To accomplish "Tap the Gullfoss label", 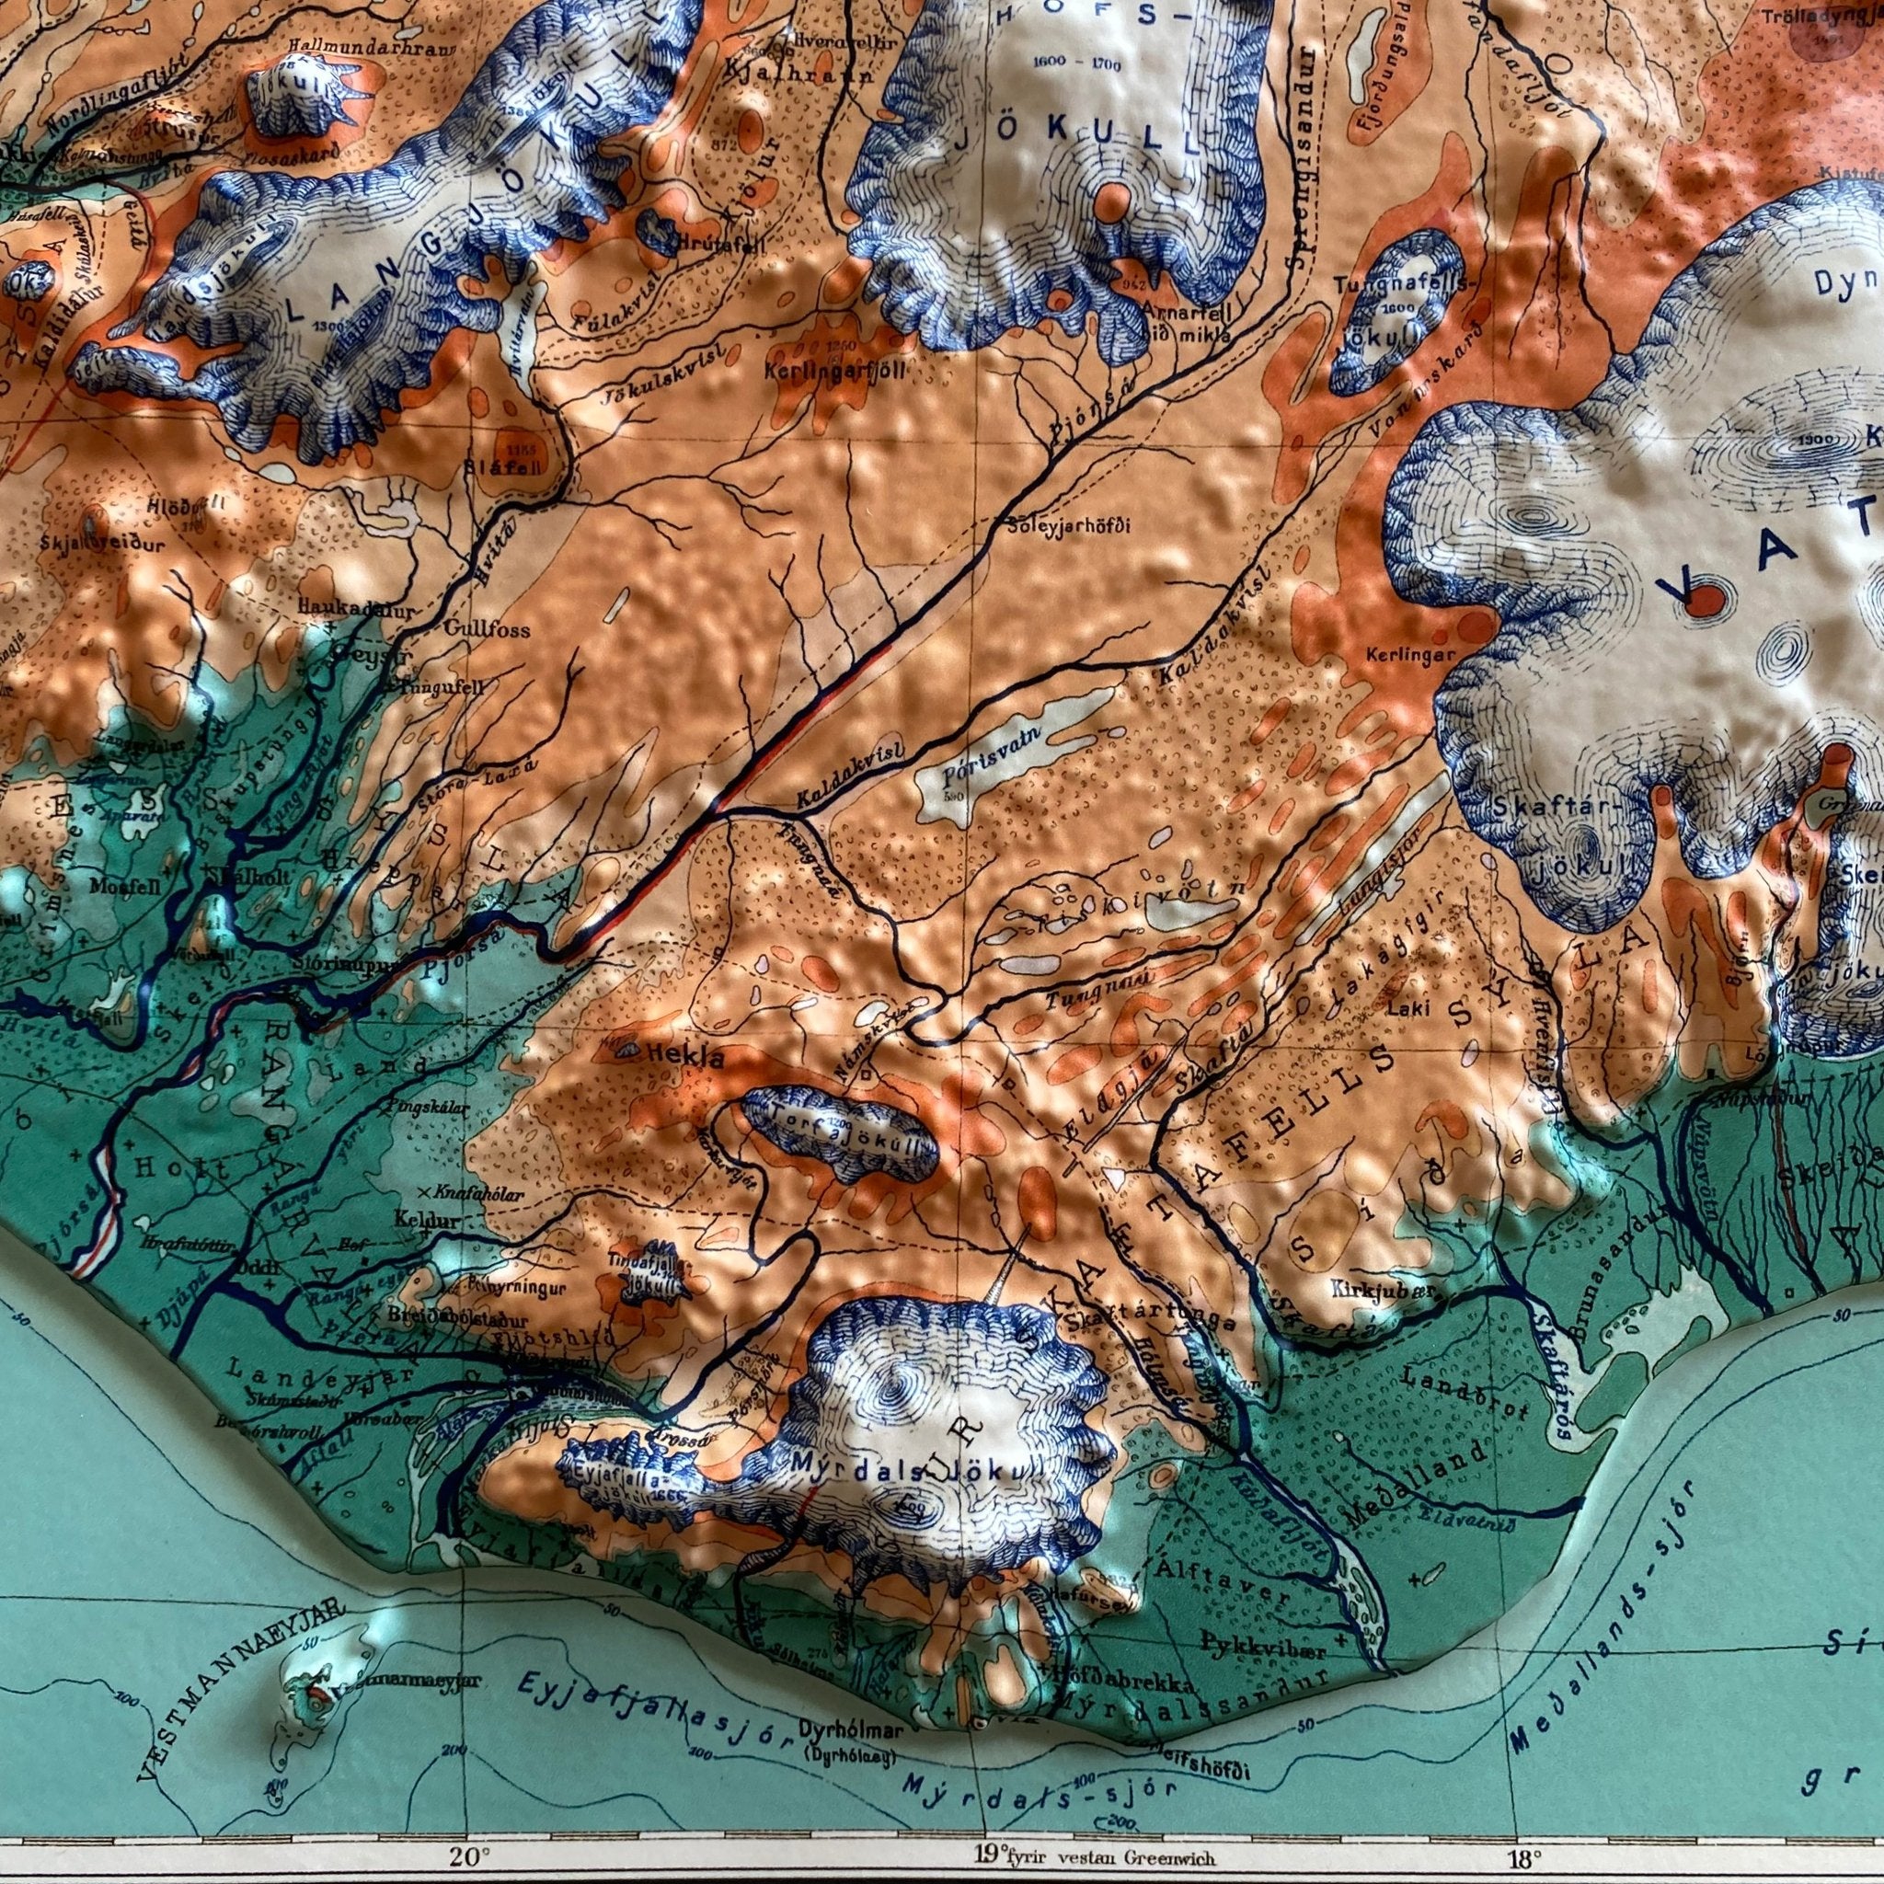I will pos(487,630).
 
